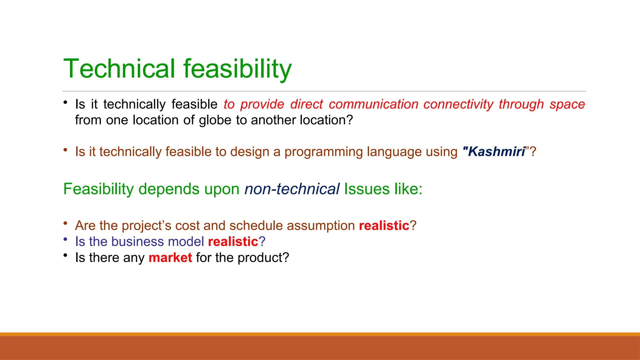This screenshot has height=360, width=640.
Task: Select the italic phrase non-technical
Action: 292,189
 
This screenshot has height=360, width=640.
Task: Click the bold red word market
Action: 170,258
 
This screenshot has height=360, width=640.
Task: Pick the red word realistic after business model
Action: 233,242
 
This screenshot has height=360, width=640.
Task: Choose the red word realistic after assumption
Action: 384,226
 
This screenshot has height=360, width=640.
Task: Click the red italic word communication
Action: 373,104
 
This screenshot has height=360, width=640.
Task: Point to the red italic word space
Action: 567,104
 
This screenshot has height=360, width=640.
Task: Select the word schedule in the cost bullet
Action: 256,226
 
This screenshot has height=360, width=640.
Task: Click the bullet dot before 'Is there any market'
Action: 65,256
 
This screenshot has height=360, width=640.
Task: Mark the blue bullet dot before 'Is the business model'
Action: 65,239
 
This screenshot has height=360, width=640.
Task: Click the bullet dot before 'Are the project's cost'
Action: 65,223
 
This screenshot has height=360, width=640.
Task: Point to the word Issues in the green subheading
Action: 367,189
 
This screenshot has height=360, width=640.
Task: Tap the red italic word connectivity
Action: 458,104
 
